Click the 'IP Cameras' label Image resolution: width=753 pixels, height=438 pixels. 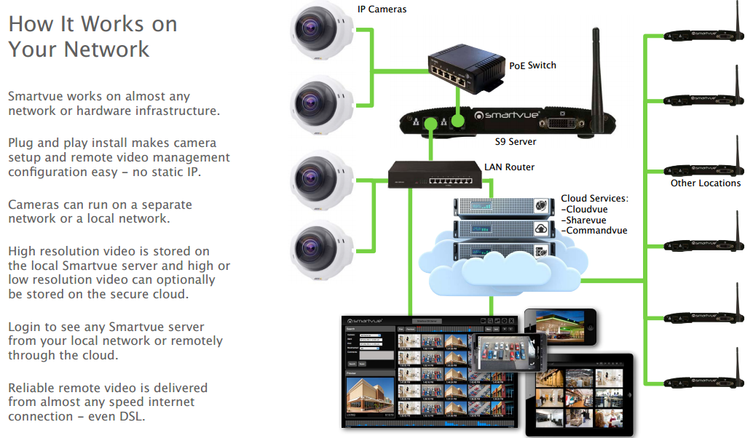click(x=382, y=9)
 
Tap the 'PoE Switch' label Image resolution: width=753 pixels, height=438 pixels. click(x=532, y=65)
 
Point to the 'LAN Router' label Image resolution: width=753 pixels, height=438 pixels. click(x=509, y=167)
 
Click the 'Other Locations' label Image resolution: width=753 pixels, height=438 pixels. click(x=705, y=183)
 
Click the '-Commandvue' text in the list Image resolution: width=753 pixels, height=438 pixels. click(x=594, y=231)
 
